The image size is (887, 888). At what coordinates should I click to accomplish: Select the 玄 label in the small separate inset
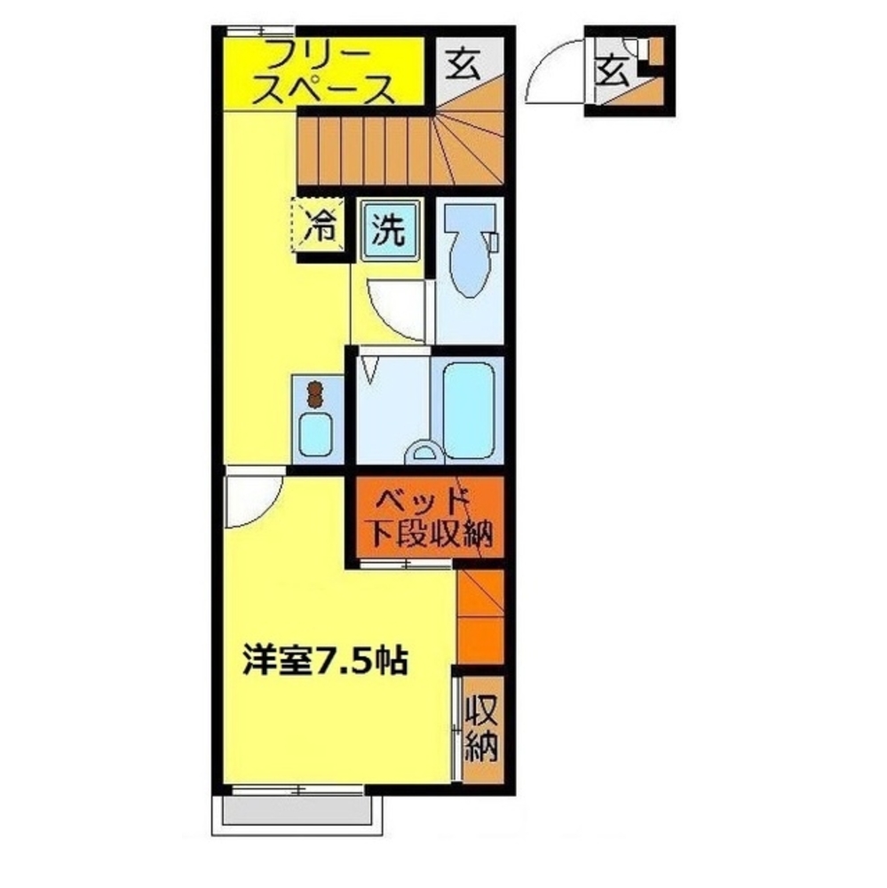tap(612, 68)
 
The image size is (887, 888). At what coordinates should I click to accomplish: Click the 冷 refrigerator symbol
tap(317, 229)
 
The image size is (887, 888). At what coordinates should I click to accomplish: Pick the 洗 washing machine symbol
tap(388, 231)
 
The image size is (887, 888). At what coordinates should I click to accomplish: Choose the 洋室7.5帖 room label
tap(325, 662)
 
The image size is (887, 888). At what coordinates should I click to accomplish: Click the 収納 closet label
tap(481, 728)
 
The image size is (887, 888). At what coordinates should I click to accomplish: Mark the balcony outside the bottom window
tap(295, 811)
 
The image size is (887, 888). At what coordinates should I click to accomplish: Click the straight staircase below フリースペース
tap(364, 153)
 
